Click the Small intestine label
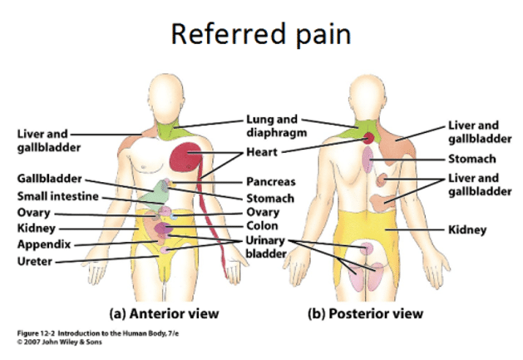pos(58,196)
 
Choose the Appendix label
pos(43,244)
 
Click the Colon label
pos(261,225)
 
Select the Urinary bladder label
pos(266,246)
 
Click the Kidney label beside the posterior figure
pos(467,229)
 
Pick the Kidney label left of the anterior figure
pos(37,227)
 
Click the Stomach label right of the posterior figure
pos(472,158)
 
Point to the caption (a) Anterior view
pos(165,313)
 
